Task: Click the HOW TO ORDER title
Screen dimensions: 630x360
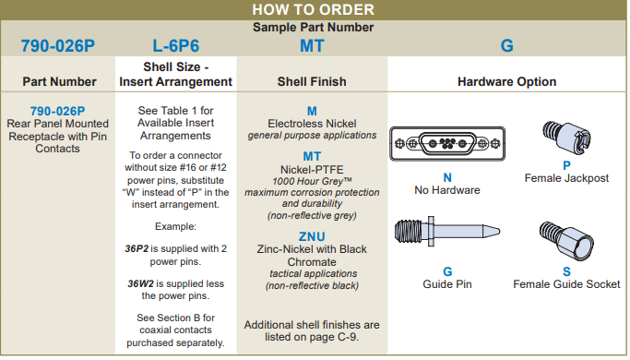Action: click(313, 9)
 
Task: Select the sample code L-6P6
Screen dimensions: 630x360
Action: click(176, 46)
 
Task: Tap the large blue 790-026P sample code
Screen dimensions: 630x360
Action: click(58, 46)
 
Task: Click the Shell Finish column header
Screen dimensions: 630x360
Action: click(312, 81)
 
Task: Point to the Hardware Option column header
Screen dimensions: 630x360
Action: click(507, 81)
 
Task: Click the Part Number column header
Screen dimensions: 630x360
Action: click(59, 81)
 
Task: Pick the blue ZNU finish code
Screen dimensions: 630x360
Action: click(312, 236)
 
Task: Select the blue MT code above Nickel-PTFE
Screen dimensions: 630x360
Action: click(312, 156)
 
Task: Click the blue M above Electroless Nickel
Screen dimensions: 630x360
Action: click(312, 111)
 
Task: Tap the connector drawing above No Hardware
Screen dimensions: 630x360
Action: click(447, 144)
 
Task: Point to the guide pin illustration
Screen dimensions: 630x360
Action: click(447, 232)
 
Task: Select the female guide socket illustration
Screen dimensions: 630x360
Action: click(566, 242)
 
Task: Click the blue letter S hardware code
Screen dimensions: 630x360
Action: click(566, 271)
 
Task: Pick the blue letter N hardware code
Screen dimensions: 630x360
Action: click(447, 177)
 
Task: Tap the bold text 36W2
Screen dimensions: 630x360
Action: click(140, 283)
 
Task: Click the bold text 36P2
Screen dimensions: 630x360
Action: click(137, 248)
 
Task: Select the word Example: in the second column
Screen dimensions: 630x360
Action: click(175, 226)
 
